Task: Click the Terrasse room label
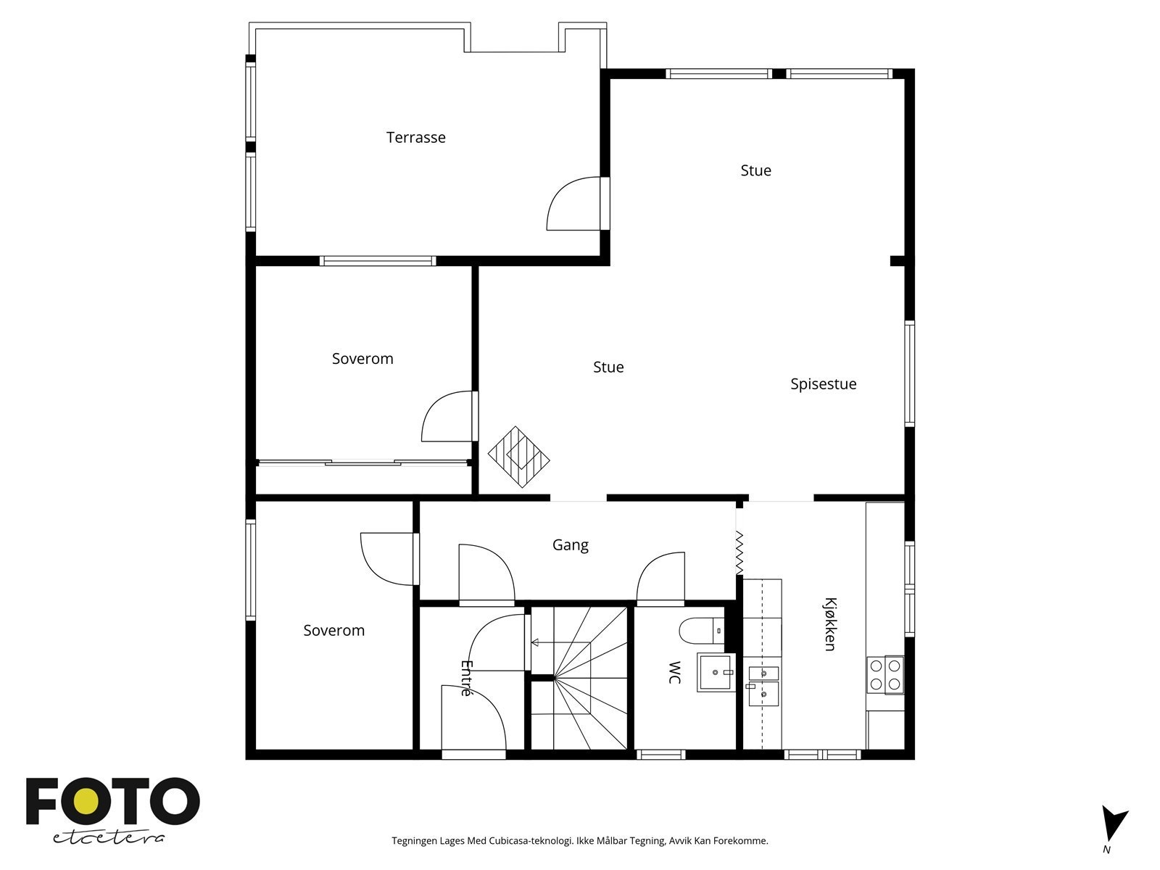415,137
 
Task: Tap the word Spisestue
823,384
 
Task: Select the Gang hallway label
571,544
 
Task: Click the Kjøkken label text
830,623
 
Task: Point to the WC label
674,673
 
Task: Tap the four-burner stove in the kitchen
885,674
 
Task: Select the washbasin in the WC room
716,672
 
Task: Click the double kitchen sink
763,686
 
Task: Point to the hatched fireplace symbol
518,457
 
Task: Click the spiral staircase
579,678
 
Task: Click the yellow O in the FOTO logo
86,803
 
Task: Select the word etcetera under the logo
108,838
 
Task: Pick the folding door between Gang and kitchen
739,552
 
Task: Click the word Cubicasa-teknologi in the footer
531,840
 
